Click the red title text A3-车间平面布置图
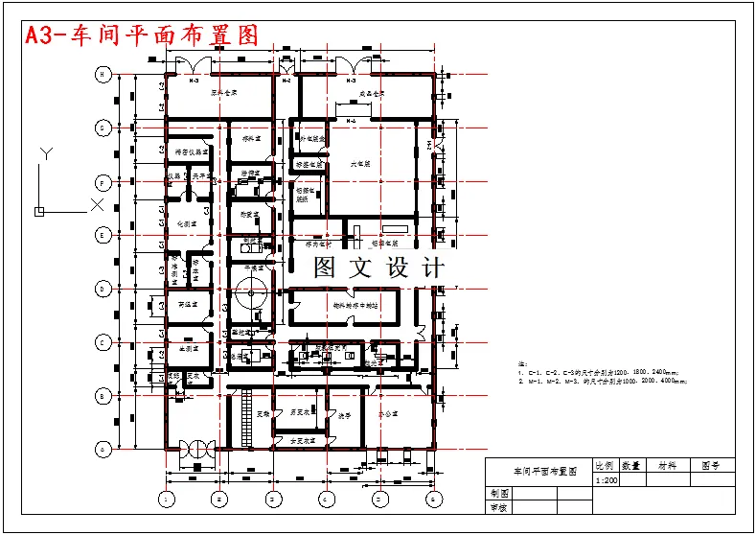point(142,35)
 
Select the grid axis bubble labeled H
point(101,74)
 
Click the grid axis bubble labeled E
point(101,235)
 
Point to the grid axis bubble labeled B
point(101,395)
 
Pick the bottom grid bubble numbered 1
point(166,499)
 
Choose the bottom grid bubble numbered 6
point(433,499)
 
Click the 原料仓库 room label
point(224,93)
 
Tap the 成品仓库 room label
point(371,94)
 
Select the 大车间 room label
point(360,164)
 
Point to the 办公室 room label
point(387,414)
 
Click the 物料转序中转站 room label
point(355,306)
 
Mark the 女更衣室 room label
point(303,440)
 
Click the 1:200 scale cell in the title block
point(607,479)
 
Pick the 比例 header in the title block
point(606,465)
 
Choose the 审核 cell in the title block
point(499,508)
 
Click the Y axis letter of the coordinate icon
point(46,153)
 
